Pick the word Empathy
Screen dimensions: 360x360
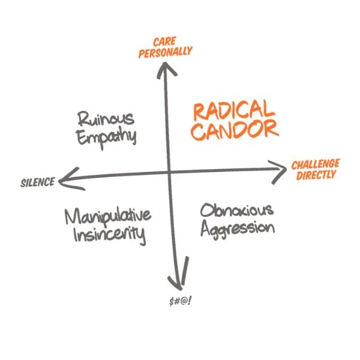click(x=107, y=136)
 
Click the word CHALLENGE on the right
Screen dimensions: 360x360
click(x=316, y=164)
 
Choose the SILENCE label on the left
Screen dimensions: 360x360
click(x=37, y=182)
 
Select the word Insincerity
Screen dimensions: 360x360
click(x=109, y=234)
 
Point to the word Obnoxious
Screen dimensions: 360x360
click(x=237, y=209)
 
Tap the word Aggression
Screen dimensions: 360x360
click(x=238, y=228)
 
